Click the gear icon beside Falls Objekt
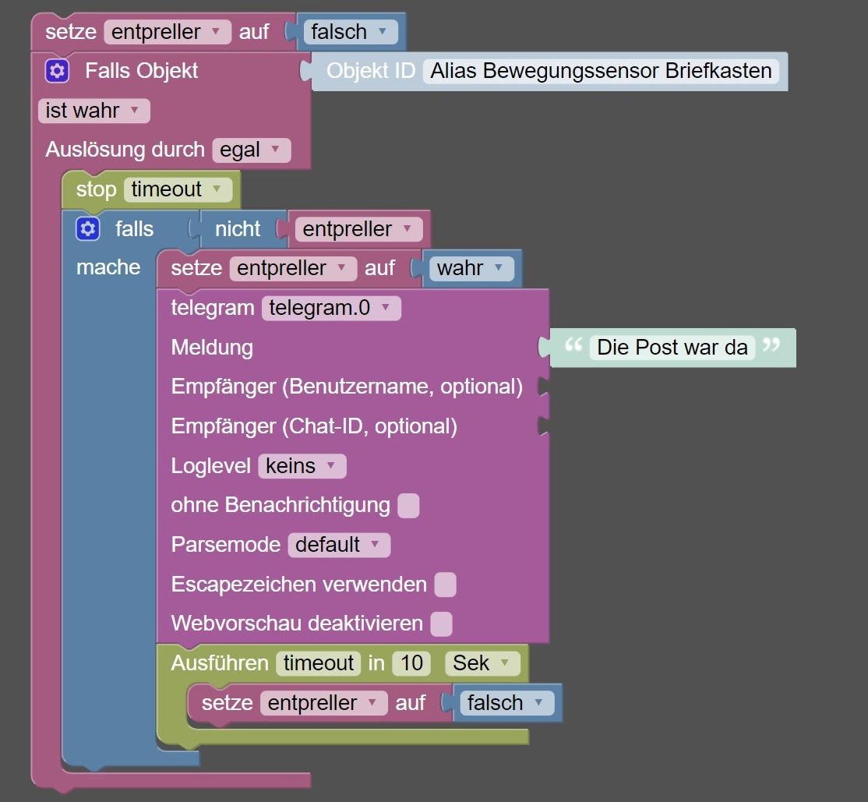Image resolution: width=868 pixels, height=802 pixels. pos(57,71)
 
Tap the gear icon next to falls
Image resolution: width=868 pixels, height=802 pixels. pos(88,228)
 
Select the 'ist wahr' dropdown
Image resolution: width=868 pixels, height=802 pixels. pos(94,111)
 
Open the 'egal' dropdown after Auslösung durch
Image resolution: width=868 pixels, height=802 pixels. pos(252,150)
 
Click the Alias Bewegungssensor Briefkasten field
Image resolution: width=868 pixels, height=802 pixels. pos(602,71)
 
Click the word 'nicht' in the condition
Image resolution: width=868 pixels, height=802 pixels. pos(238,228)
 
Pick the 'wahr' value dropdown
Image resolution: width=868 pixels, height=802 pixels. pos(471,268)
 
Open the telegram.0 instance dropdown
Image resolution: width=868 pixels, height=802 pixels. pos(332,308)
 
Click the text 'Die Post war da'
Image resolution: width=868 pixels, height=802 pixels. pos(672,348)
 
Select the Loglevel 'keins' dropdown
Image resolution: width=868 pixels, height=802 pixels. pos(302,466)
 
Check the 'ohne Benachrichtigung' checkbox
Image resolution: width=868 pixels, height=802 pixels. pos(408,506)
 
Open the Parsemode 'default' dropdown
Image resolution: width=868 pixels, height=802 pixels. pos(340,545)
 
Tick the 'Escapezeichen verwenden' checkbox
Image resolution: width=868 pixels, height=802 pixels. pos(446,585)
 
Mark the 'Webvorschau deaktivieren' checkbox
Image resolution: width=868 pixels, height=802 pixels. pos(441,624)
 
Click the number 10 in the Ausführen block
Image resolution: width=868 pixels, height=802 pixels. pos(411,663)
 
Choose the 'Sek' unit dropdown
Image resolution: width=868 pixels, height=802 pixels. pos(483,663)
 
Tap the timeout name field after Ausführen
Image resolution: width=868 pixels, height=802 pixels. pos(319,663)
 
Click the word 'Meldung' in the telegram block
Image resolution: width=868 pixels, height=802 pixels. pos(212,348)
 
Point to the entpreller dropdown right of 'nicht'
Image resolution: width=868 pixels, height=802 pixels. pos(358,228)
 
